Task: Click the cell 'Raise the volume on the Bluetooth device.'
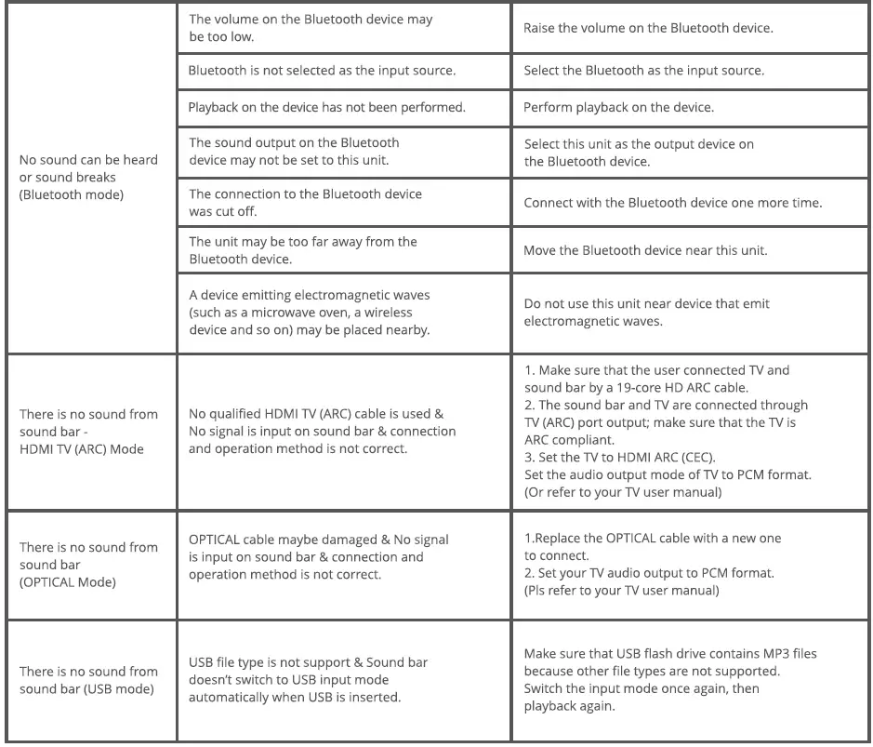pyautogui.click(x=648, y=28)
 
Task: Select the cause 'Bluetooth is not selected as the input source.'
pyautogui.click(x=322, y=71)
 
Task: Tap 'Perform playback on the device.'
pyautogui.click(x=618, y=107)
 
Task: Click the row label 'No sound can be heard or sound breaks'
pyautogui.click(x=88, y=177)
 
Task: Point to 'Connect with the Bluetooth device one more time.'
pyautogui.click(x=672, y=203)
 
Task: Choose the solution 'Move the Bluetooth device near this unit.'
pyautogui.click(x=644, y=250)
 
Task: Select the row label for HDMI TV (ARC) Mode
pyautogui.click(x=88, y=432)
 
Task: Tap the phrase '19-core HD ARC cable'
pyautogui.click(x=651, y=387)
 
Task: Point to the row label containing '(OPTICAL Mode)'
pyautogui.click(x=88, y=565)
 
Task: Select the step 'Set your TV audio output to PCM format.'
pyautogui.click(x=648, y=573)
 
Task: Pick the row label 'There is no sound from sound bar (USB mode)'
pyautogui.click(x=88, y=680)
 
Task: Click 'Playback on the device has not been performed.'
pyautogui.click(x=326, y=107)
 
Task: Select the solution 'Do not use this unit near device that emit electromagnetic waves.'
pyautogui.click(x=646, y=313)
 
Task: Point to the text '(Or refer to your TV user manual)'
pyautogui.click(x=622, y=491)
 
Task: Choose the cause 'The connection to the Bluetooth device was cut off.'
pyautogui.click(x=305, y=203)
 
